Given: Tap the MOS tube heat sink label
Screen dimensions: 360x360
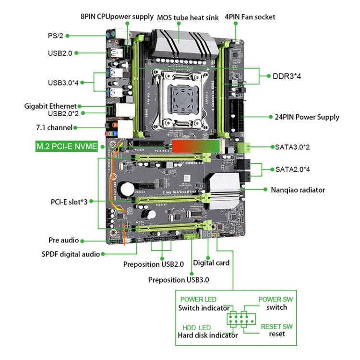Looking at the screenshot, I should click(188, 17).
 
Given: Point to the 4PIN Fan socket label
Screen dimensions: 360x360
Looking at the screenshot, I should click(250, 17).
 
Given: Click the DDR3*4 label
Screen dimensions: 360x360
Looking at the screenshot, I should click(287, 75).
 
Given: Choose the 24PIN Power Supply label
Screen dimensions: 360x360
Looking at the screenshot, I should click(307, 117).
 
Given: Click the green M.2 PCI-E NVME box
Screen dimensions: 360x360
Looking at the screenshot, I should click(67, 146).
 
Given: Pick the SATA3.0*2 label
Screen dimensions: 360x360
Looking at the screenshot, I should click(293, 146).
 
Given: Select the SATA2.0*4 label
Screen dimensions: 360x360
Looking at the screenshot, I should click(293, 169).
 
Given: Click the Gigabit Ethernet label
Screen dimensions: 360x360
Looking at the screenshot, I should click(50, 106).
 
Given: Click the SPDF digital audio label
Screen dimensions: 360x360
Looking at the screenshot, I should click(68, 254).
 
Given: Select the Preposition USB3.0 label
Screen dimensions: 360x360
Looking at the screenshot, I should click(178, 279).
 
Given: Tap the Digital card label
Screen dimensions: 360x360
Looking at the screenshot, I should click(211, 263).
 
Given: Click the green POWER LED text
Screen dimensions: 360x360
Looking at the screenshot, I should click(199, 300).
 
